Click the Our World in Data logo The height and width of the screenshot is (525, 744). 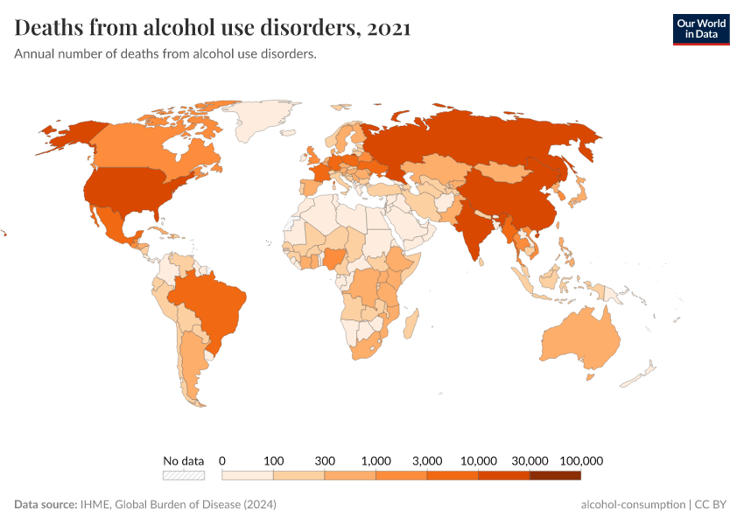[x=700, y=29]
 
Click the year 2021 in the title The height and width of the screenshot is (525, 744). [x=390, y=28]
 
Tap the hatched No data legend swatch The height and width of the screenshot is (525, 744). [x=183, y=475]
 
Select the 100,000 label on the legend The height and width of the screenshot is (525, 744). [x=581, y=460]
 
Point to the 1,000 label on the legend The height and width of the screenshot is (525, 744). [x=376, y=460]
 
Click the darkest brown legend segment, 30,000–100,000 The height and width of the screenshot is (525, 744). [x=555, y=475]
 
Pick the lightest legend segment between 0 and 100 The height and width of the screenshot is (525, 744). [x=248, y=475]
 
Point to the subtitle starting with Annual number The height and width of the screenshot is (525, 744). [x=165, y=54]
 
